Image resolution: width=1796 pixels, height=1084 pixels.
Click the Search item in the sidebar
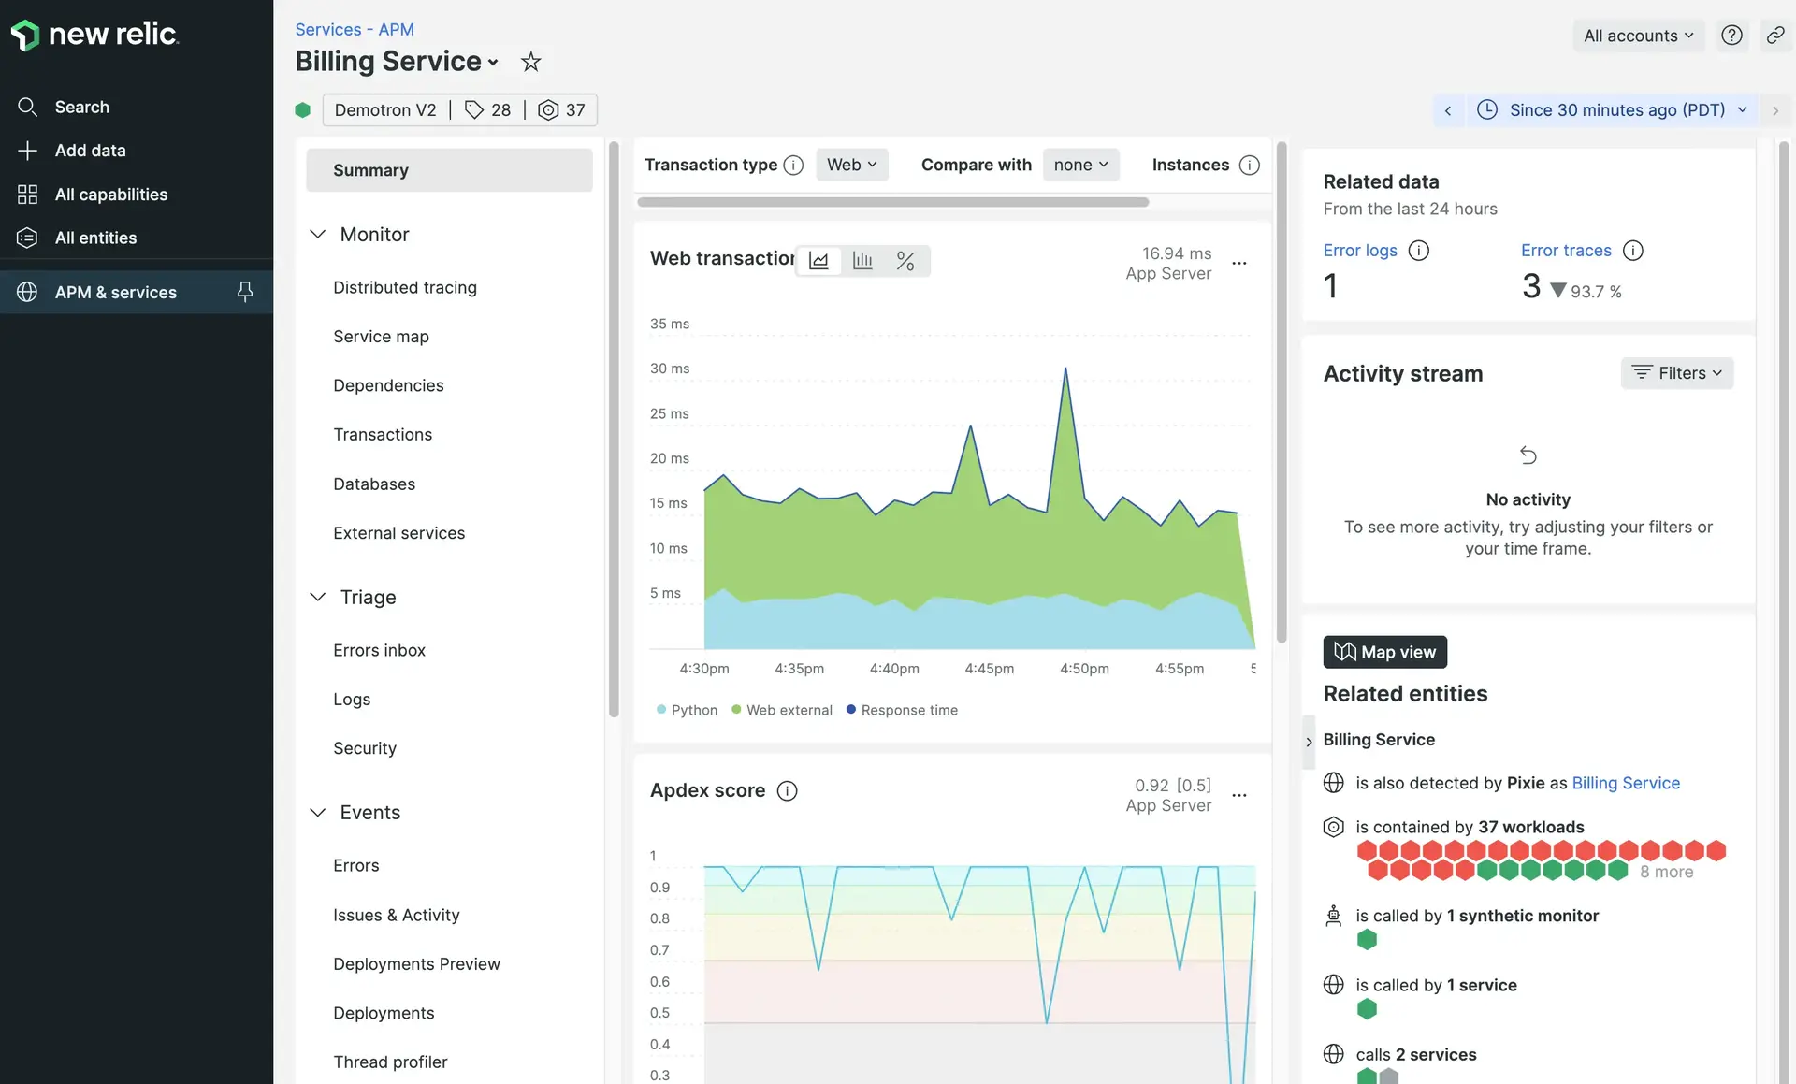tap(81, 108)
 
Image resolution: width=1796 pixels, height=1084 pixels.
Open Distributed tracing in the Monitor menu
tap(404, 288)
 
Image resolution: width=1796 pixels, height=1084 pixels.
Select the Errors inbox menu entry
tap(379, 650)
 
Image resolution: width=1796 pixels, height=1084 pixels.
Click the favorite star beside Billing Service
tap(531, 62)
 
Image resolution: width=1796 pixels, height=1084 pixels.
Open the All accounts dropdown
tap(1638, 36)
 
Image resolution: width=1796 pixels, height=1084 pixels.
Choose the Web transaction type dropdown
tap(851, 165)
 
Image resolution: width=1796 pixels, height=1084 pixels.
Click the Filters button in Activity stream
tap(1676, 373)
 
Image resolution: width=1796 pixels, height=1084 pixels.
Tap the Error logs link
tap(1359, 251)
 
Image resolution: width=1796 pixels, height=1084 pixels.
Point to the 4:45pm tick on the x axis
tap(989, 669)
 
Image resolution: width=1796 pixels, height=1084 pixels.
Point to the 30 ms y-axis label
tap(670, 369)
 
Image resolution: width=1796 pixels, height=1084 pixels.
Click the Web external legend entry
tap(788, 710)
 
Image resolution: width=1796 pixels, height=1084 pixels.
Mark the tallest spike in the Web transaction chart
tap(1065, 369)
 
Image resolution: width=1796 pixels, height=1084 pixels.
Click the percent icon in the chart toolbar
tap(905, 261)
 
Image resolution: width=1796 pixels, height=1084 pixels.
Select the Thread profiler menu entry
tap(390, 1062)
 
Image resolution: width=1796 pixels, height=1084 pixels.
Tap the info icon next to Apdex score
tap(788, 791)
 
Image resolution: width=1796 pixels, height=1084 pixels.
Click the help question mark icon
tap(1731, 36)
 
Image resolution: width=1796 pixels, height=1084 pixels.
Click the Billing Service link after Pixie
tap(1626, 783)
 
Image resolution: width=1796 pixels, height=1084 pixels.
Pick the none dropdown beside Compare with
tap(1080, 165)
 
